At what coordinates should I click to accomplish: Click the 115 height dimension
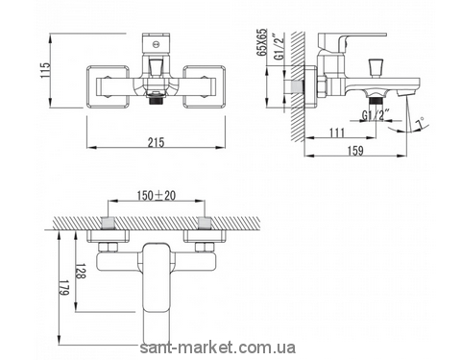[45, 70]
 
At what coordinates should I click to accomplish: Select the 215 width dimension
[156, 142]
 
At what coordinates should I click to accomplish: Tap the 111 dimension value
[336, 132]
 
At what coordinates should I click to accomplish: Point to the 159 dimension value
[354, 151]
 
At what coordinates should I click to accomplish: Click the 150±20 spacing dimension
[157, 196]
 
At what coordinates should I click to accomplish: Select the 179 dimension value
[64, 287]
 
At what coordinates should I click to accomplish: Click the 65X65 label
[262, 42]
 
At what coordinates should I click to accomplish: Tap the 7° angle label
[421, 123]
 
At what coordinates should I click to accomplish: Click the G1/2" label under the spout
[376, 115]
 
